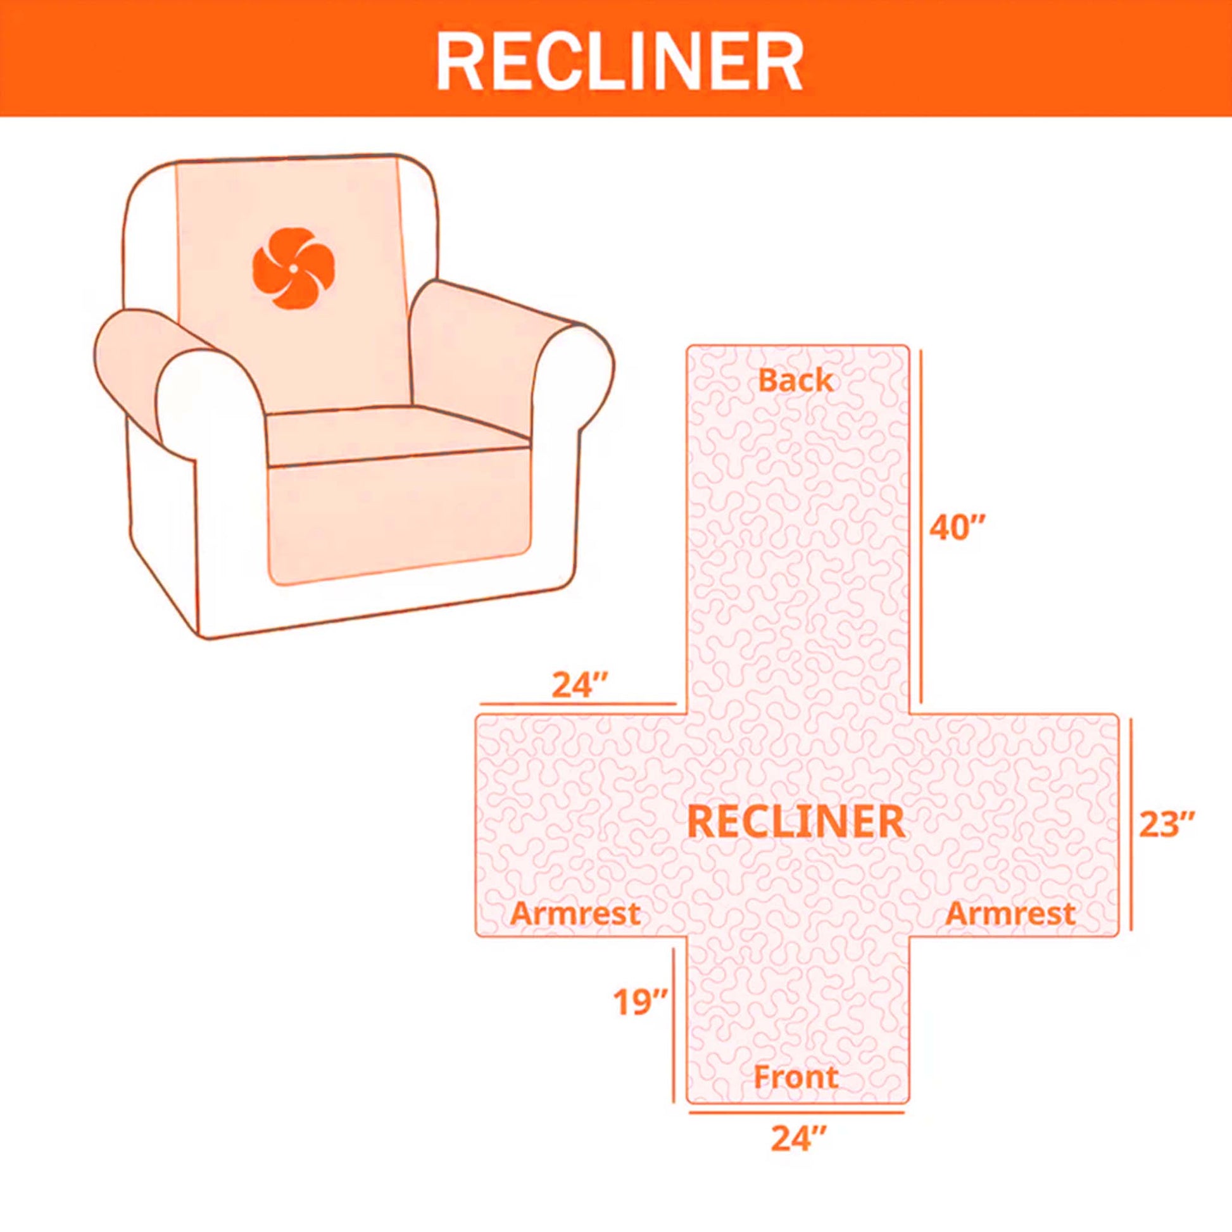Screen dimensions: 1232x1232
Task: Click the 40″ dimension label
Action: pos(957,528)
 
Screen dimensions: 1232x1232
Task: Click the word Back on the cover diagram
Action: pos(795,380)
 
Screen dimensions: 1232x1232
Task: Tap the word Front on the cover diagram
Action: pos(795,1077)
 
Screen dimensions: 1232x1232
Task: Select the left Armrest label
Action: pos(575,913)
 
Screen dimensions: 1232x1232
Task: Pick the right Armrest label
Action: pos(1010,913)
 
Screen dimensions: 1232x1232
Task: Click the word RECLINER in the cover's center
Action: pos(796,821)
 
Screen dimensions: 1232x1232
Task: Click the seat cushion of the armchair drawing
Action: pos(395,437)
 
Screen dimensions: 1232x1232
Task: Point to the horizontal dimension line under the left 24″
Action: pos(578,704)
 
